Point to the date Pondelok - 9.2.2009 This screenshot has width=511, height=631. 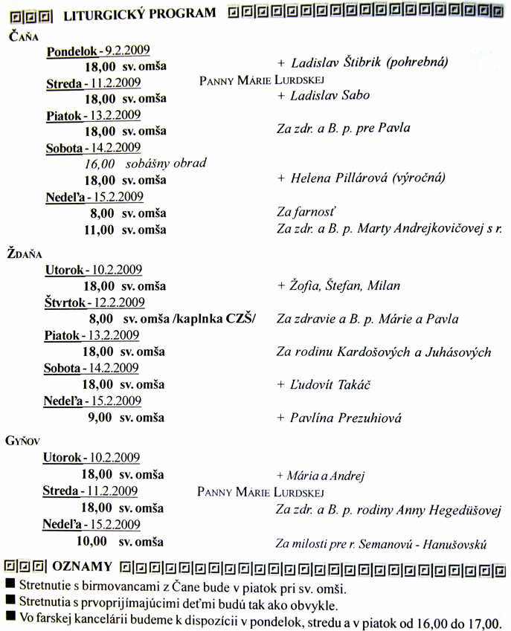[x=98, y=51]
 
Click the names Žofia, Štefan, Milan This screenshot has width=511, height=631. [x=344, y=285]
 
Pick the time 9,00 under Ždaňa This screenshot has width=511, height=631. [x=100, y=418]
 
